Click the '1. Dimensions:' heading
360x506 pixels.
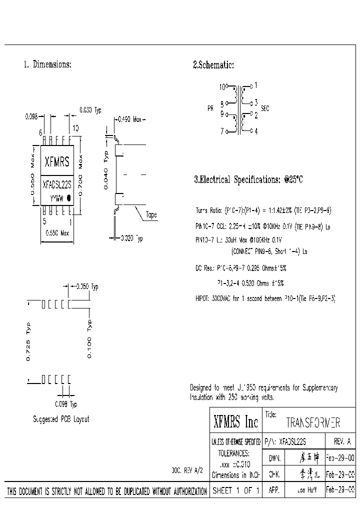47,64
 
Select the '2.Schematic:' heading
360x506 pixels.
213,64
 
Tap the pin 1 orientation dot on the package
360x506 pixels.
69,198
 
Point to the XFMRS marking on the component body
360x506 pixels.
56,161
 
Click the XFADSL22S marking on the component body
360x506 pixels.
56,184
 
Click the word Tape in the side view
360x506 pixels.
151,215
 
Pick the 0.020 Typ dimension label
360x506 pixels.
131,239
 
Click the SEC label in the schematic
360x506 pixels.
265,108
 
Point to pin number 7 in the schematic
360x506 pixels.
221,131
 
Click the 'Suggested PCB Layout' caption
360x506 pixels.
61,419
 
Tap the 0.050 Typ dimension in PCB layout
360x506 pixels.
87,286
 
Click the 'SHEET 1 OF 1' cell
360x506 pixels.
235,491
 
